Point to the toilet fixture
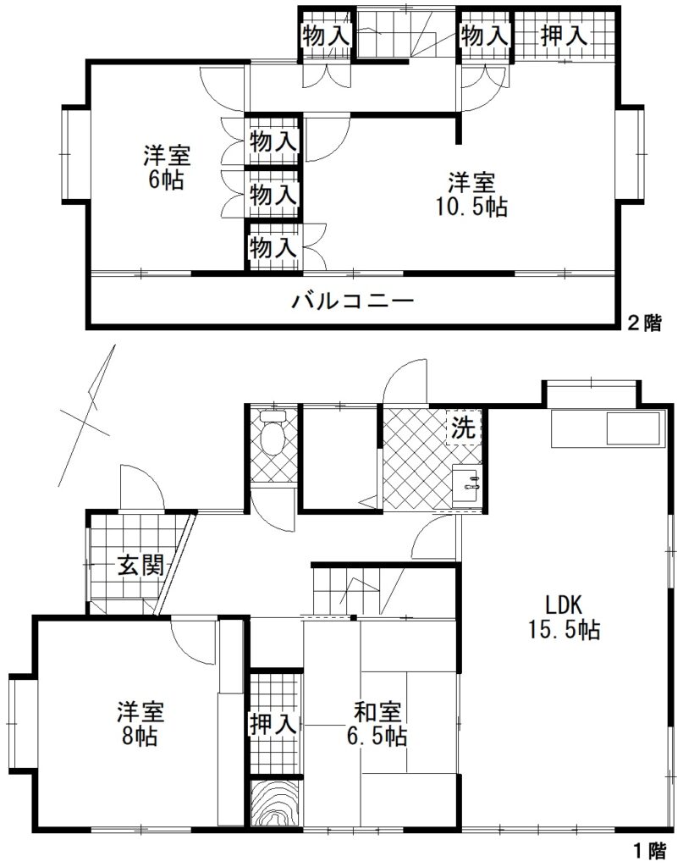coord(273,434)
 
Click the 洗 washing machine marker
coord(463,428)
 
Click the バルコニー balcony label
coord(353,301)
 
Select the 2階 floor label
coord(643,323)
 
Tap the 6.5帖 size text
coord(379,737)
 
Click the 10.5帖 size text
coord(472,207)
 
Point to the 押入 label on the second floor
coord(564,36)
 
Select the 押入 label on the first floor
coord(273,725)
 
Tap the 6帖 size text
coord(165,180)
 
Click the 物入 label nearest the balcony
coord(273,248)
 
